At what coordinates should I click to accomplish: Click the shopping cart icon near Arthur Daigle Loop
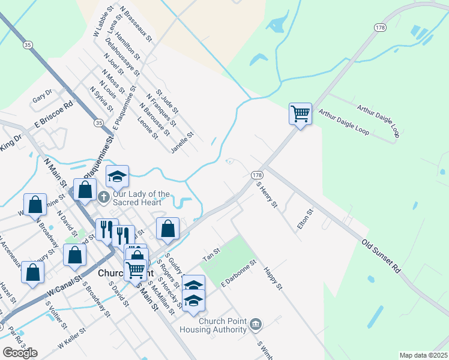pos(300,113)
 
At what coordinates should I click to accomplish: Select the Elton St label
pos(306,220)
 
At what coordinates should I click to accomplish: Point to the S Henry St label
pos(267,196)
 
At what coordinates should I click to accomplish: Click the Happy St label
pos(273,280)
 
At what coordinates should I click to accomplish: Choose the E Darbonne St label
pos(238,273)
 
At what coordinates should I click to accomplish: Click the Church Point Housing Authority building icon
pos(256,325)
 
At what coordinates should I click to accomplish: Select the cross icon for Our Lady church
pos(103,196)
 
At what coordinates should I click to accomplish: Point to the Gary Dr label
pos(43,96)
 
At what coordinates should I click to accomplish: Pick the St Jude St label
pos(167,101)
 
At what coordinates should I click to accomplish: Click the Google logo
pos(20,353)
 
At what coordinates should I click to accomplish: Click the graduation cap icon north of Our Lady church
pos(118,176)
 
